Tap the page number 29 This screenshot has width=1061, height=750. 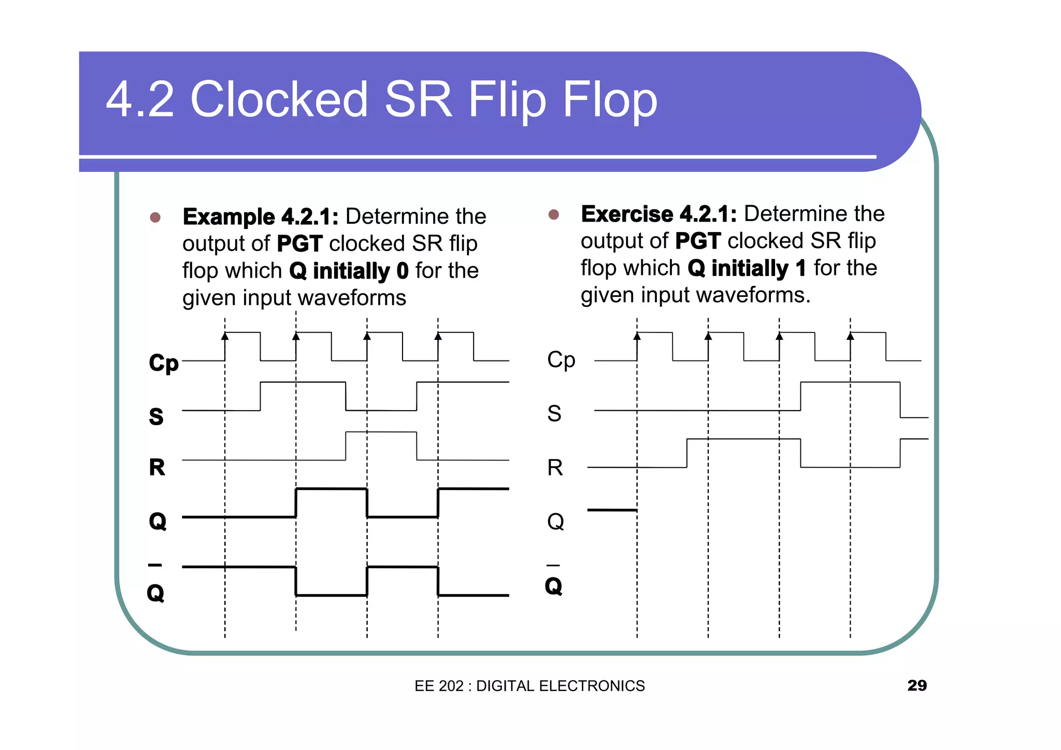(916, 685)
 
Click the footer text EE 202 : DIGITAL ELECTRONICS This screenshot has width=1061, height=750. (529, 686)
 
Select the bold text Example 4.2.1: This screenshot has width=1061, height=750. (261, 217)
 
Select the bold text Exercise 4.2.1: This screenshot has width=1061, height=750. (658, 214)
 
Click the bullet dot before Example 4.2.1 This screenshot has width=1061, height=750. (155, 217)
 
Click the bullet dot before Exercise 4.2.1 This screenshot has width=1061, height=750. (553, 214)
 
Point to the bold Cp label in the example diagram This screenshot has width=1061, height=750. (164, 363)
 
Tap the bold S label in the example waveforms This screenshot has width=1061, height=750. (156, 416)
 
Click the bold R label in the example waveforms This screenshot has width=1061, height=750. (157, 467)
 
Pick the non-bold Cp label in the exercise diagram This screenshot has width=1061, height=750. (561, 360)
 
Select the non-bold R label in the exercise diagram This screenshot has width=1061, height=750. (555, 468)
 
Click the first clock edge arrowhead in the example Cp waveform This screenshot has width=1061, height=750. (225, 336)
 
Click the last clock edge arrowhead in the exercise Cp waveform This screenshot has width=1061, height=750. (850, 336)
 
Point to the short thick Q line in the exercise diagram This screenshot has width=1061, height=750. (612, 510)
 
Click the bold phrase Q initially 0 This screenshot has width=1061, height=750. (349, 271)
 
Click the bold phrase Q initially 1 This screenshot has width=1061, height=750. (747, 268)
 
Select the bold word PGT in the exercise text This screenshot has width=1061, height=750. (698, 241)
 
